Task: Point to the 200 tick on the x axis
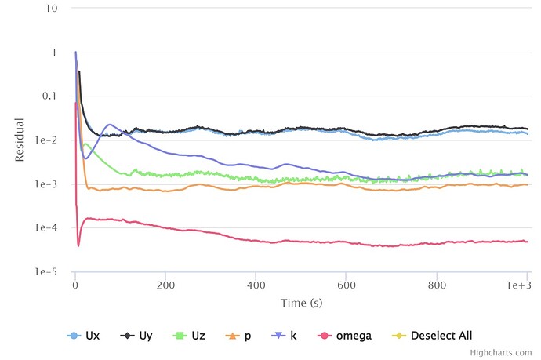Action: click(165, 285)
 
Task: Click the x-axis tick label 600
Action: click(346, 285)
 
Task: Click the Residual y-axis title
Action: click(20, 140)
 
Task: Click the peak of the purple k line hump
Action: click(111, 125)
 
